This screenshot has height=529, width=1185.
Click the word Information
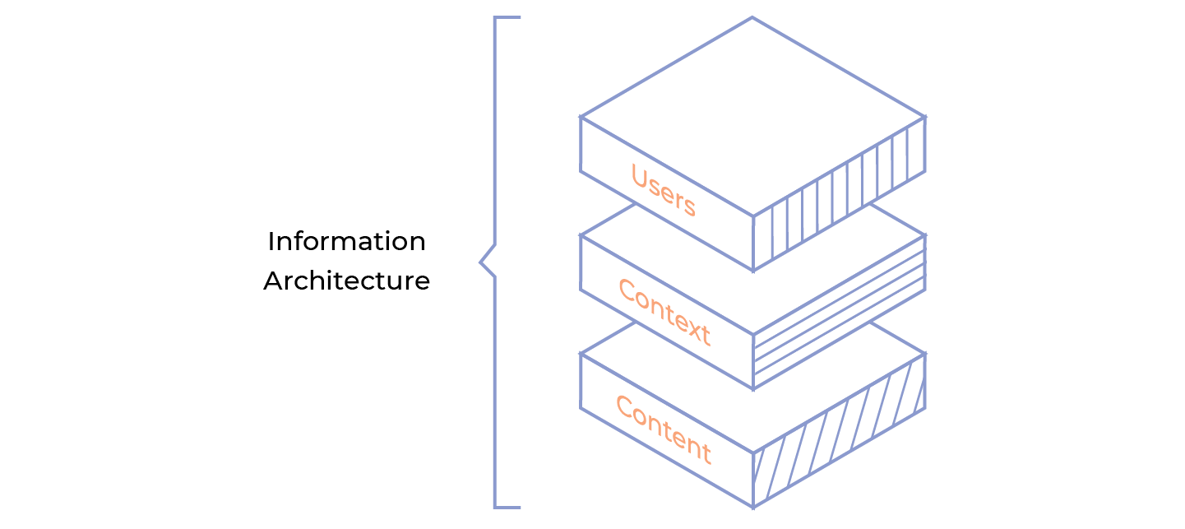pos(346,242)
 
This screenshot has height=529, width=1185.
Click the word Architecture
pos(346,281)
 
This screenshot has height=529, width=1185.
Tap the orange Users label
pos(663,191)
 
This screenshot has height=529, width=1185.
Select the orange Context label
pos(663,313)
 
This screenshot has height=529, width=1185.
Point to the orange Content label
pos(663,429)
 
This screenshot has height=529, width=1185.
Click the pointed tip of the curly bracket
pos(481,263)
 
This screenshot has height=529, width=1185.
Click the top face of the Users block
pos(752,115)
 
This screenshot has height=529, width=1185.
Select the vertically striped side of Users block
pos(839,194)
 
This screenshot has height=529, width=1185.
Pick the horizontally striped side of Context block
pos(839,313)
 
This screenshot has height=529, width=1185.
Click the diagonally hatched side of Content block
pos(839,431)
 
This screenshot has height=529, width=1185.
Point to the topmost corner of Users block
pos(752,18)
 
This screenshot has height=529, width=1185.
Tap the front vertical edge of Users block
pos(753,244)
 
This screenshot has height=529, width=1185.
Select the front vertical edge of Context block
pos(753,362)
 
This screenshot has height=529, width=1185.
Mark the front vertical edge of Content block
pos(753,480)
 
